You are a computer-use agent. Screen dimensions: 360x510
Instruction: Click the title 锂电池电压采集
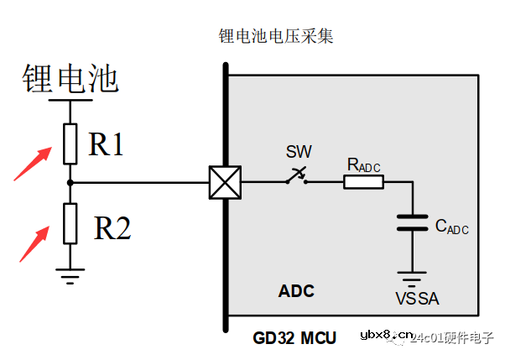277,37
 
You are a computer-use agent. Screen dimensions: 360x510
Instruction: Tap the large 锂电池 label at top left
70,80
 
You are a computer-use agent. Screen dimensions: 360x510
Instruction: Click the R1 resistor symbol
70,143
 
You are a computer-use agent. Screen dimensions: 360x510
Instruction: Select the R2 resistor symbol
70,223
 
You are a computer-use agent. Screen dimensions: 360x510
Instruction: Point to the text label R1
107,145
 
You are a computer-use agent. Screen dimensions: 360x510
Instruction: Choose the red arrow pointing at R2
34,243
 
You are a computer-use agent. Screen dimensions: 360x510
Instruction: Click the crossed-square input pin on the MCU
224,182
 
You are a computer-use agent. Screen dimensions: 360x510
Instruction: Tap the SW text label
298,153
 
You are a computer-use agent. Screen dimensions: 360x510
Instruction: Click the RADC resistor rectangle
363,182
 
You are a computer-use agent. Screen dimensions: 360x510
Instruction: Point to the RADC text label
363,165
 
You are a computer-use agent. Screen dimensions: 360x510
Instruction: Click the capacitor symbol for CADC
412,223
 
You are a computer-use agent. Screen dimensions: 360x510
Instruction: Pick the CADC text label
451,227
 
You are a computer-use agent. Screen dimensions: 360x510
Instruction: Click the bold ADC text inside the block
296,292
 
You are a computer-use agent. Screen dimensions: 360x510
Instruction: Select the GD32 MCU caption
294,338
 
